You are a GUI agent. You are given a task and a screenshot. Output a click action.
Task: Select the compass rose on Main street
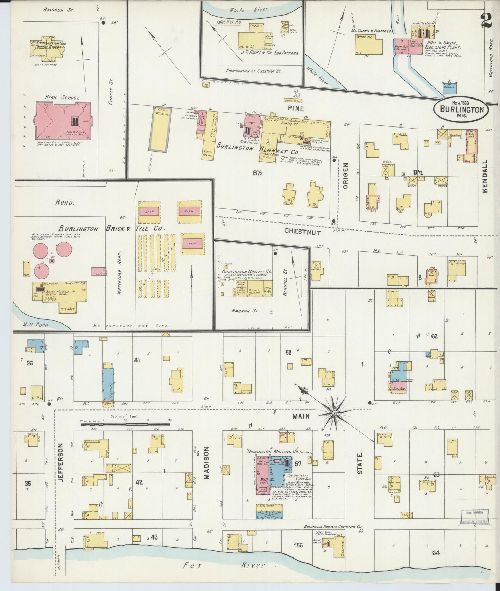click(x=335, y=413)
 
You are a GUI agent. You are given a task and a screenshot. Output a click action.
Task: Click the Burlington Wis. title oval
click(x=462, y=109)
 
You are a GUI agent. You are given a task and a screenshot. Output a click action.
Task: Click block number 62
click(x=435, y=336)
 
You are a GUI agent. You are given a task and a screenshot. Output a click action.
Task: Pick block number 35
click(x=28, y=483)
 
